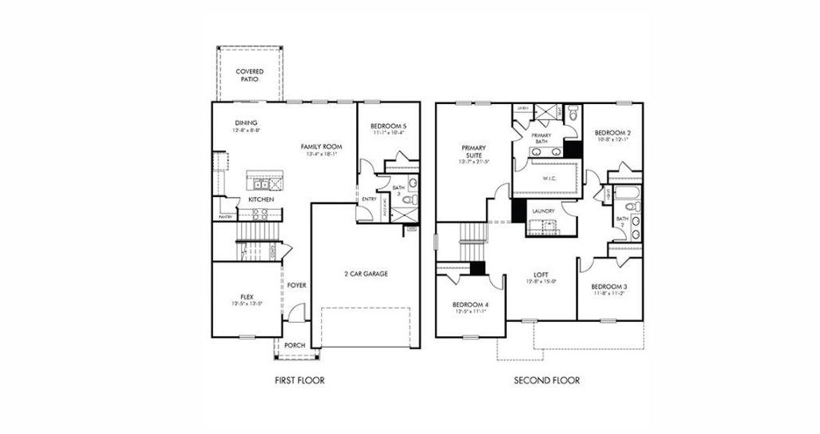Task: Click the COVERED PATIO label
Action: (250, 75)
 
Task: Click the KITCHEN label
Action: (261, 199)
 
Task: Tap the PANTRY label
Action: (224, 217)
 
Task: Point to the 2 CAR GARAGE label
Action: (365, 274)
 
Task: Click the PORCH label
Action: (294, 345)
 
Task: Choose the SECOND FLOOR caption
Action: (547, 380)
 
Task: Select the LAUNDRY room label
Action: (543, 211)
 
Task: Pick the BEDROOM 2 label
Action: (613, 135)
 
